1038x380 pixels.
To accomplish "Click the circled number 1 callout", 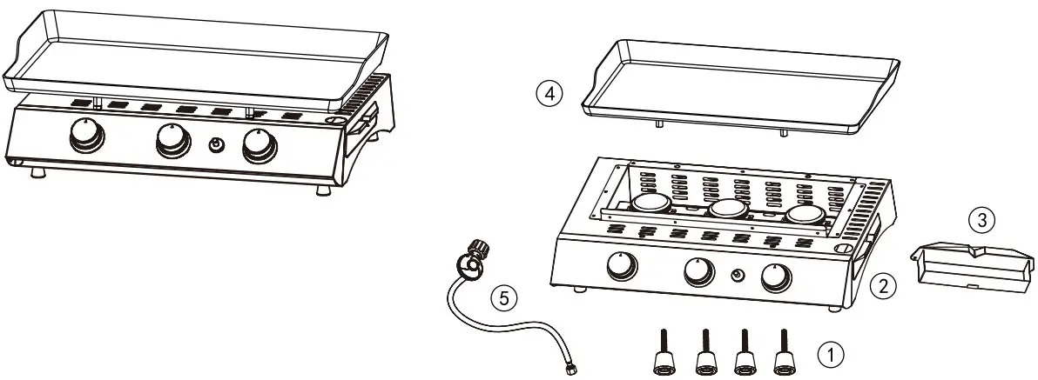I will pyautogui.click(x=830, y=354).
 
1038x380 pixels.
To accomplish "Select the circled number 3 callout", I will pyautogui.click(x=982, y=221).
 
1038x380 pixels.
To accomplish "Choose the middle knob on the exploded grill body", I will pyautogui.click(x=698, y=272).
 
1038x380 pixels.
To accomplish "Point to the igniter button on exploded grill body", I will pyautogui.click(x=738, y=277).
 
